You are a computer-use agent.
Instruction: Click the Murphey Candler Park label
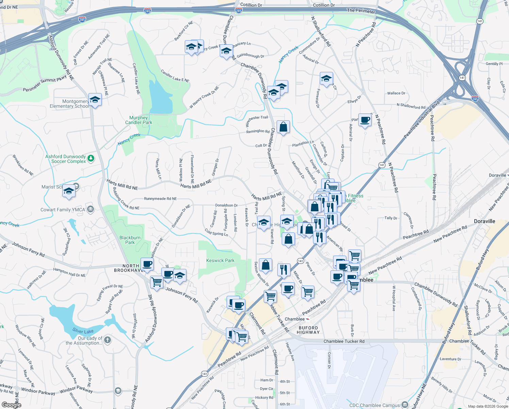pos(138,120)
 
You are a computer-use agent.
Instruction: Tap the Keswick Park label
pos(220,260)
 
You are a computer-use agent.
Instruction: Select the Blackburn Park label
pos(130,240)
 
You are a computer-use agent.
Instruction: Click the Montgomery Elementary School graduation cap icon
pos(95,100)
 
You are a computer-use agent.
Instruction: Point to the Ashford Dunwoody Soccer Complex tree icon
pos(91,158)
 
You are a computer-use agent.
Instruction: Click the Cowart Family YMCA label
pos(63,210)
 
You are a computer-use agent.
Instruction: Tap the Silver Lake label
pos(83,331)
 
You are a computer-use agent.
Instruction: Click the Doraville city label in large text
pos(484,221)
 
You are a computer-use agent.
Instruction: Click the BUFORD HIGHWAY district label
pos(308,330)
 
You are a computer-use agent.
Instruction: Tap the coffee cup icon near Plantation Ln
pos(365,120)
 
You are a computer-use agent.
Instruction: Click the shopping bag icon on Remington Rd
pos(283,127)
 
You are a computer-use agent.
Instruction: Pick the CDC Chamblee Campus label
pos(374,405)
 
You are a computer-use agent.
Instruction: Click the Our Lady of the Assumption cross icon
pos(108,340)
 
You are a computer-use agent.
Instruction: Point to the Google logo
pos(11,405)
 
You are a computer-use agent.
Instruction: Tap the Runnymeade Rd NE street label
pos(160,199)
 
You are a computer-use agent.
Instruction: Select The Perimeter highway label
pos(361,11)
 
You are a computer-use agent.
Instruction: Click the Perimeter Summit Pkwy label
pos(45,85)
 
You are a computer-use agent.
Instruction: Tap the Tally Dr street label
pos(391,218)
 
